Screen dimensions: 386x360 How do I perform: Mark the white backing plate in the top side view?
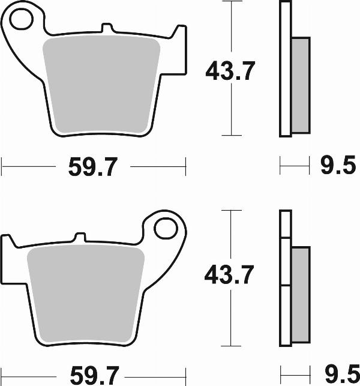point(285,69)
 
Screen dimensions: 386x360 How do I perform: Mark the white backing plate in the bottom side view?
point(286,282)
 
